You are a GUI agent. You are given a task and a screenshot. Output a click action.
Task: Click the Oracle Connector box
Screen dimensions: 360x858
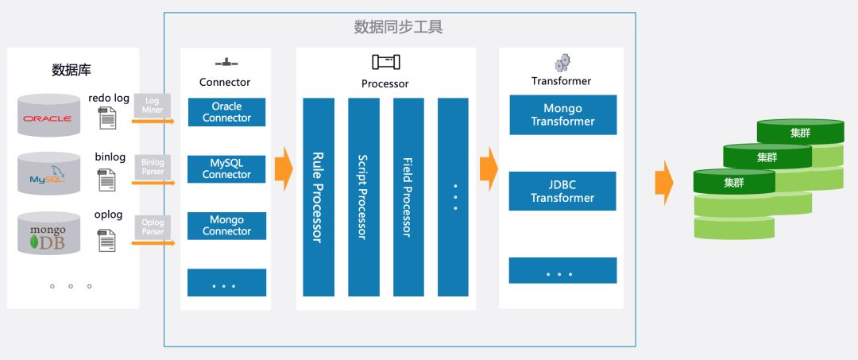pos(226,112)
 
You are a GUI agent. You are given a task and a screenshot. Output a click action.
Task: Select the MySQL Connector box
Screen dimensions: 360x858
pos(226,168)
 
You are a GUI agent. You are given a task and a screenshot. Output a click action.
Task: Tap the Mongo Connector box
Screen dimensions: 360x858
pos(226,226)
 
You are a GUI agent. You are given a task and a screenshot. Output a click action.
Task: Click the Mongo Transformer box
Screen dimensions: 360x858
pos(562,114)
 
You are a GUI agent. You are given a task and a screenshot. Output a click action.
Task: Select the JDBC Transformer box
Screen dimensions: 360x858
pos(562,192)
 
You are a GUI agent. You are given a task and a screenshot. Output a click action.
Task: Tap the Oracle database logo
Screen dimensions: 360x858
pos(48,119)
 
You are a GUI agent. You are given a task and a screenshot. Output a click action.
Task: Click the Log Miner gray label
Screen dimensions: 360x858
pos(153,105)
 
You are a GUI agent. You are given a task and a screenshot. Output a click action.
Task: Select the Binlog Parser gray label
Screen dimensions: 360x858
pos(153,167)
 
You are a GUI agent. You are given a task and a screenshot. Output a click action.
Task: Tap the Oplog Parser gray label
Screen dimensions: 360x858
pos(153,226)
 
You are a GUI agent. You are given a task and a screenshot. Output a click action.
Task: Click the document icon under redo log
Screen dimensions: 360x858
pos(106,118)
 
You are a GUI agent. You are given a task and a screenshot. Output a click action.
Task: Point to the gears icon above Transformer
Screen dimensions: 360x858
pos(562,63)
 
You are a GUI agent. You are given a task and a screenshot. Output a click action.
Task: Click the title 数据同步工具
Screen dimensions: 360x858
pos(398,27)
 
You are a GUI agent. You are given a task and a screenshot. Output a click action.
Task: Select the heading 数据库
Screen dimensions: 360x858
pos(71,69)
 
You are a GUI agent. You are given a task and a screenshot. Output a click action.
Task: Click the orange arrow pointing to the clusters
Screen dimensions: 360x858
pos(663,182)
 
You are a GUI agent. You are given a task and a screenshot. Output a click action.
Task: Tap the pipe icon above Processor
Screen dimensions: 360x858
pos(385,62)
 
